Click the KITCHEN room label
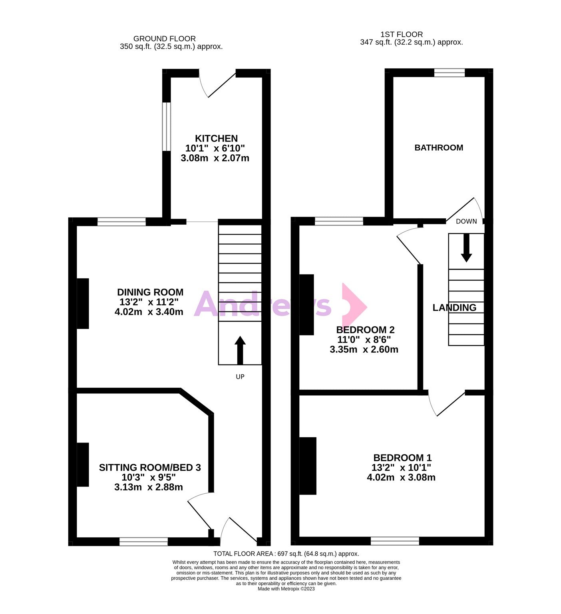click(217, 138)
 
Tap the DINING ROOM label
click(150, 292)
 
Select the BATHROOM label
click(439, 148)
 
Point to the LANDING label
click(455, 307)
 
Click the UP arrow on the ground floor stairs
click(240, 350)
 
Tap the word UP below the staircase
click(240, 377)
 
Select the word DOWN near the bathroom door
click(466, 221)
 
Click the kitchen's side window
click(167, 127)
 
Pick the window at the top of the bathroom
click(450, 73)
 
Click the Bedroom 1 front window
click(395, 541)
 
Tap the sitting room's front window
click(143, 542)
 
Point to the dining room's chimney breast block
click(83, 303)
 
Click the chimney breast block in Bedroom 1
click(308, 466)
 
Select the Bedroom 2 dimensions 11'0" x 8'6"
click(364, 340)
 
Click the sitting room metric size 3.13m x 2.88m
click(149, 487)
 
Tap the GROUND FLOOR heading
click(165, 39)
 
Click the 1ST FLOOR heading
click(402, 34)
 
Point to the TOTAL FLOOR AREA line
click(286, 554)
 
